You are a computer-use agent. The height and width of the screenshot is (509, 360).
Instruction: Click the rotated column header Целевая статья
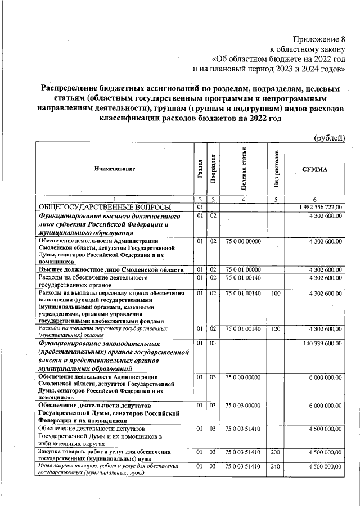[244, 169]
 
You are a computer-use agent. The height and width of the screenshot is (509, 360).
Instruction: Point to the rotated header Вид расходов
[276, 169]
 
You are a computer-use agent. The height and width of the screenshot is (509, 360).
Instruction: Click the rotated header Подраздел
[213, 169]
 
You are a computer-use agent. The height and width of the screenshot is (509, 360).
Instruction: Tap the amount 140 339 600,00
[322, 343]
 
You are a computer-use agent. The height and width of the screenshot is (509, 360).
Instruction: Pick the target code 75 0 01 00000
[243, 269]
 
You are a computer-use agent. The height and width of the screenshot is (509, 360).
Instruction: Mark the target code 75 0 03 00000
[243, 405]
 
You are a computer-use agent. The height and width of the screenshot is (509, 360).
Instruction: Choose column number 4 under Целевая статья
[243, 199]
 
